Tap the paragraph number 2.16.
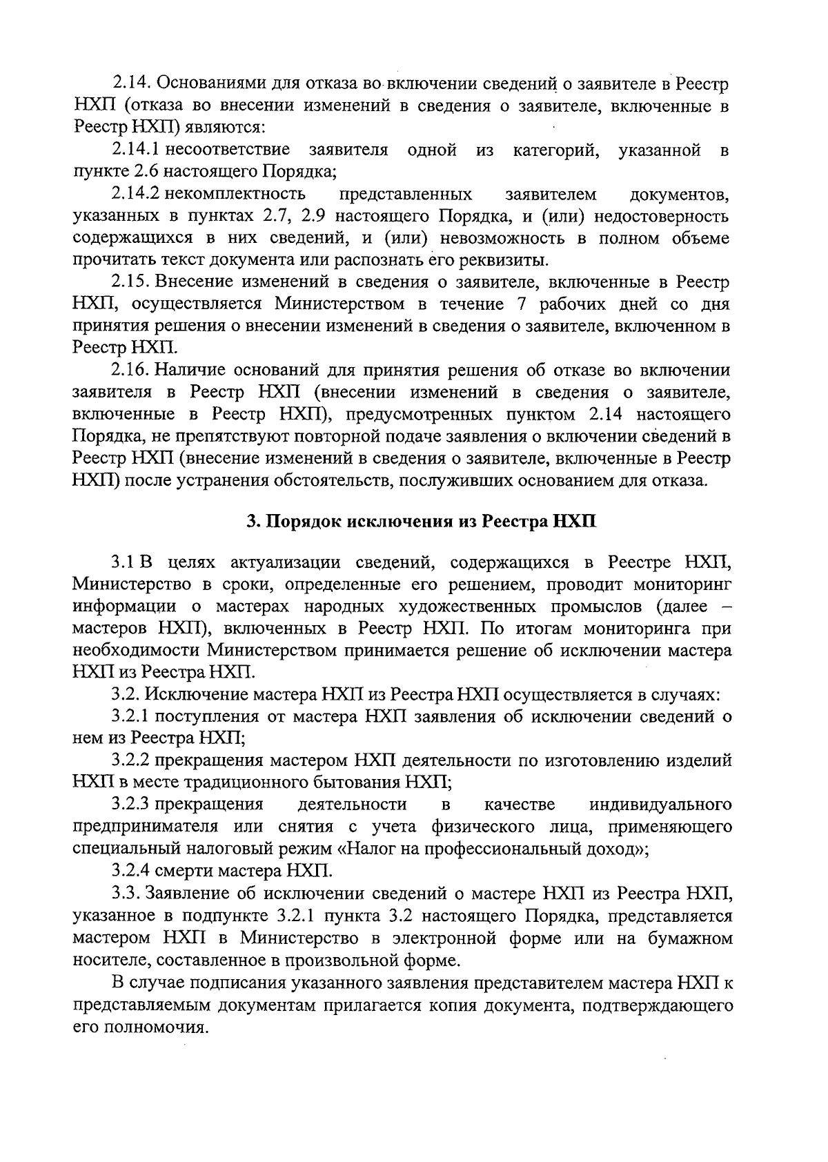[131, 370]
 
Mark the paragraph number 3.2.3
[131, 805]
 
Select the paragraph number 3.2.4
[131, 871]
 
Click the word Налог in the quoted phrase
[371, 849]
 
